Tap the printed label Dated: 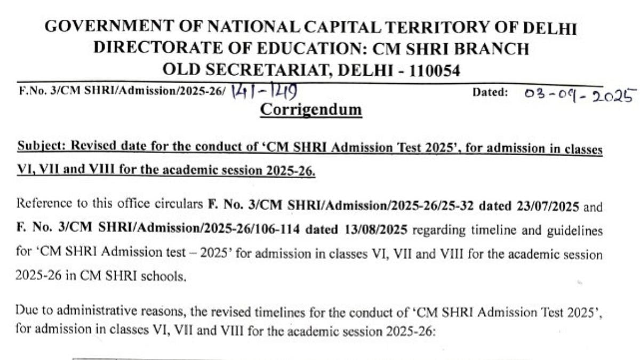pos(490,93)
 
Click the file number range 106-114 pos(281,230)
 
